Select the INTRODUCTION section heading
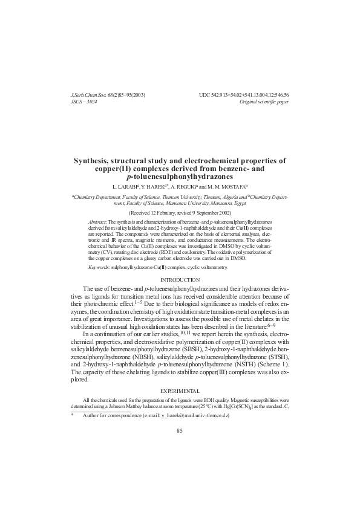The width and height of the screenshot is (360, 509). [x=180, y=280]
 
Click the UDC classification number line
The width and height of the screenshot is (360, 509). [x=243, y=96]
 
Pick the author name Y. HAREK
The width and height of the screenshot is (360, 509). [x=156, y=187]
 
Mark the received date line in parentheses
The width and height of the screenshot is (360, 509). [x=180, y=213]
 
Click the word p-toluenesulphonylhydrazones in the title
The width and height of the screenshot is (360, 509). [x=180, y=178]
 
